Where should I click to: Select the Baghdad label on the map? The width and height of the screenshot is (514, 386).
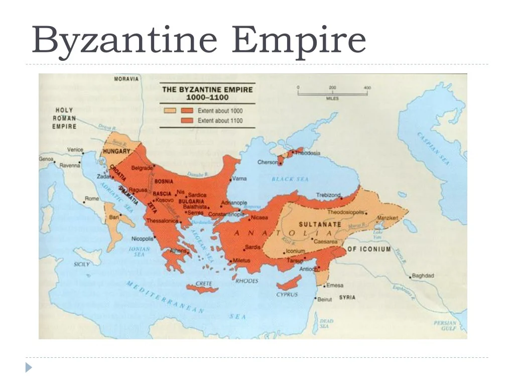point(423,276)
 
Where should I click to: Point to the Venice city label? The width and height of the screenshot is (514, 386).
point(75,150)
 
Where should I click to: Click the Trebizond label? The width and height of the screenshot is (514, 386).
point(328,195)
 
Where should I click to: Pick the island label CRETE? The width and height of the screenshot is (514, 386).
point(203,284)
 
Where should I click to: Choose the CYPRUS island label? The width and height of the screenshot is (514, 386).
point(287,295)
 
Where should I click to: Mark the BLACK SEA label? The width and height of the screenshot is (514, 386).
point(290,179)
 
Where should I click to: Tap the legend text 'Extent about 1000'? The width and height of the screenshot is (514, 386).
point(220,110)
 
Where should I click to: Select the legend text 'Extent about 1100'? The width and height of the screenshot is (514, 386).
point(220,121)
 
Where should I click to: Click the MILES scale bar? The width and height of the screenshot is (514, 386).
point(332,93)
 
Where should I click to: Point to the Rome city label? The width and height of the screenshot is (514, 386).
point(92,199)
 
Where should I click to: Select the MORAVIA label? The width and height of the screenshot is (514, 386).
point(126,79)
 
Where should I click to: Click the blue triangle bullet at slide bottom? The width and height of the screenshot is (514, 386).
point(29,368)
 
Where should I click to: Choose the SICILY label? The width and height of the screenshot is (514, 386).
point(81,264)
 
